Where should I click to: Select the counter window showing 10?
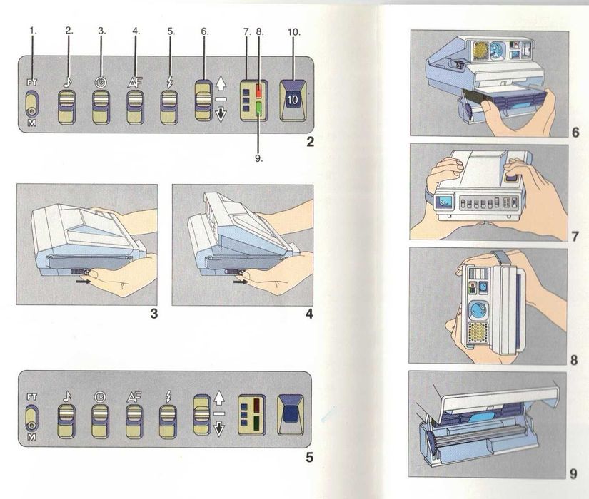click(293, 100)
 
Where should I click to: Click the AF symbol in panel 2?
click(134, 81)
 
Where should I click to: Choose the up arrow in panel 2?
click(221, 83)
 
